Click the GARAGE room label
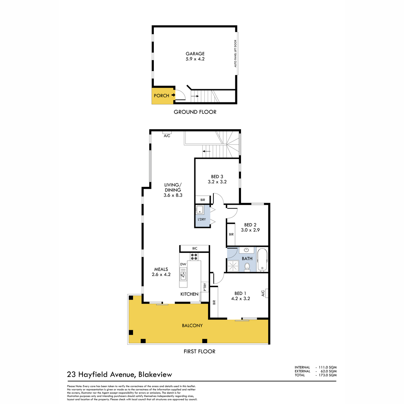tap(195, 54)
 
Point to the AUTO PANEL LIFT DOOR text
tap(235, 54)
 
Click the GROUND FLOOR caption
tap(195, 112)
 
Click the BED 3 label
tap(217, 176)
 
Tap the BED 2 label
tap(250, 225)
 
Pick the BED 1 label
tap(240, 293)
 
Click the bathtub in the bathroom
tap(262, 260)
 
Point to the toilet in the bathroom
tap(247, 267)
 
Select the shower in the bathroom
tap(232, 266)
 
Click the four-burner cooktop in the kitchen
tap(194, 257)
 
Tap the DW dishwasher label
tap(183, 264)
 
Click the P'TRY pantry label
tap(205, 287)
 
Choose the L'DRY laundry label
tap(202, 219)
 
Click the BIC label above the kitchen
tap(195, 248)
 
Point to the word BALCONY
tap(192, 326)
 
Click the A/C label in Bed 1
tap(263, 293)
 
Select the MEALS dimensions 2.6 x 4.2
tap(161, 274)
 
